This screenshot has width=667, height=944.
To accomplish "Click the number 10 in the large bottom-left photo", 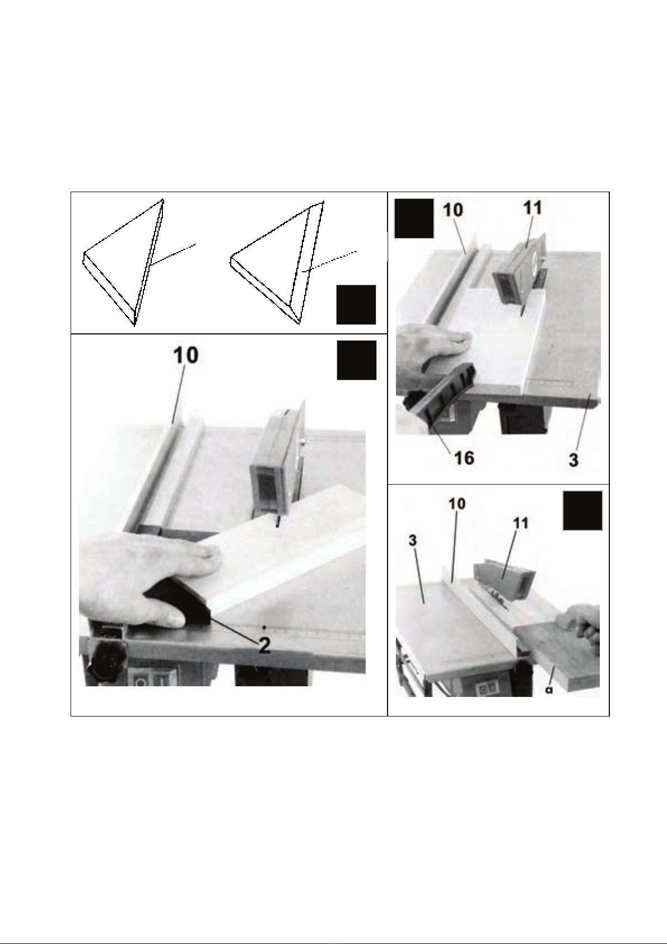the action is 186,355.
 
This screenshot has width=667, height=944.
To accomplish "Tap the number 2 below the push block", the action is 264,645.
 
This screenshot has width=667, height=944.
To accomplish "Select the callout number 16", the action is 464,458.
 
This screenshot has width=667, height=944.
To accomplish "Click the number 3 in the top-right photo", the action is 573,460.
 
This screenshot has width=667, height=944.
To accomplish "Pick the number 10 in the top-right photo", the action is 453,210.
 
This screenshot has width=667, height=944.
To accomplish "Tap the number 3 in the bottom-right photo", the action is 413,541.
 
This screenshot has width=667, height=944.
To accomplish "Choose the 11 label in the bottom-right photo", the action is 521,523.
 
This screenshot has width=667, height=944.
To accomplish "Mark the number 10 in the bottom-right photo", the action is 458,504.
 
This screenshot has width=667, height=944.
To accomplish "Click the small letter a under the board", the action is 549,689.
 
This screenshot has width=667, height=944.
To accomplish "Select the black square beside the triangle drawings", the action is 356,305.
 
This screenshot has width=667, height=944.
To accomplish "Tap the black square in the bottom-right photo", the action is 583,510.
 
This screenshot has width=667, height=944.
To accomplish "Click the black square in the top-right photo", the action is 414,218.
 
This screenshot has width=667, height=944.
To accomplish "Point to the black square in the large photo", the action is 357,360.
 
